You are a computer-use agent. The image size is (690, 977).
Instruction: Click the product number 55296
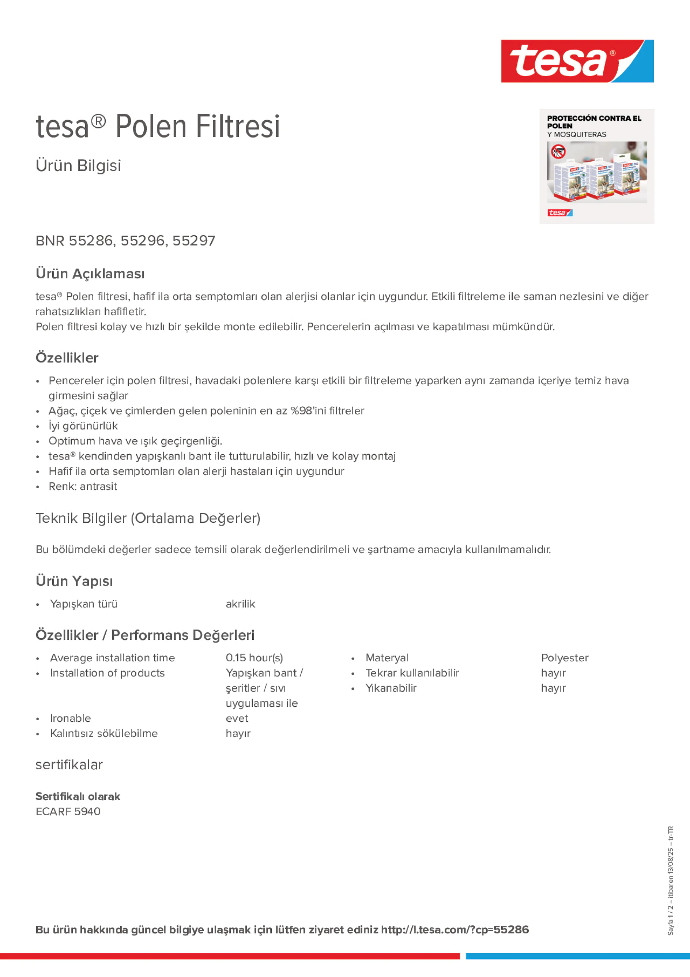(x=143, y=241)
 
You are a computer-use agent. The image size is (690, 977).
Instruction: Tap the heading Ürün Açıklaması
(x=90, y=274)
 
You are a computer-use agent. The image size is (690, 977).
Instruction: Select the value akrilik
(x=240, y=604)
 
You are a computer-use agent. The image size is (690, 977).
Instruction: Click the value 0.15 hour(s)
(x=254, y=658)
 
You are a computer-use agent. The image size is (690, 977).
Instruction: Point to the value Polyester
(x=565, y=658)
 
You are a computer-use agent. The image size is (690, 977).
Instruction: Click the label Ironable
(x=71, y=718)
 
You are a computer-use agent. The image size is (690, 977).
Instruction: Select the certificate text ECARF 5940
(x=68, y=811)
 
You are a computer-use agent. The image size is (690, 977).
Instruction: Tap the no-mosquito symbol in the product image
(x=558, y=151)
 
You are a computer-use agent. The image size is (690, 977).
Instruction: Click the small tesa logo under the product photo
(x=560, y=213)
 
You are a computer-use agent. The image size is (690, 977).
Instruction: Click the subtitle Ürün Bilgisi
(x=79, y=166)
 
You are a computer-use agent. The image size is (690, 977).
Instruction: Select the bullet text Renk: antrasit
(x=83, y=486)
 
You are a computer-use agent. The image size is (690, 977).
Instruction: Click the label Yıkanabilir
(x=391, y=688)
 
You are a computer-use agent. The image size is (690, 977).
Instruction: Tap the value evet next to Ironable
(x=237, y=718)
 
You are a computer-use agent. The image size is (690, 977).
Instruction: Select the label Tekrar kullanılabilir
(x=412, y=673)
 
